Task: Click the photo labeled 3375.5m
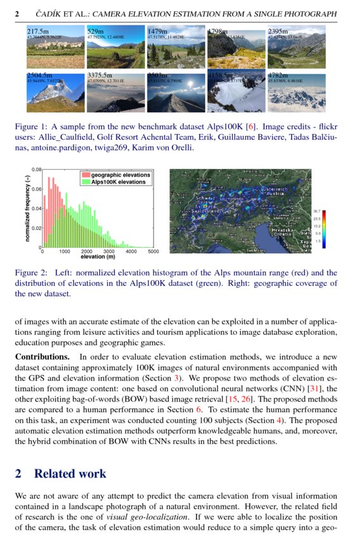115,93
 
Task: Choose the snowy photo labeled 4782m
295,93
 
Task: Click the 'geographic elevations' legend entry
120,175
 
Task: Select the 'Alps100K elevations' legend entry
118,182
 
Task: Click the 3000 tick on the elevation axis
109,252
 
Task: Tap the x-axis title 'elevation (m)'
98,257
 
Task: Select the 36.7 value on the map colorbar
317,211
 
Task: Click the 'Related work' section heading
70,473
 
